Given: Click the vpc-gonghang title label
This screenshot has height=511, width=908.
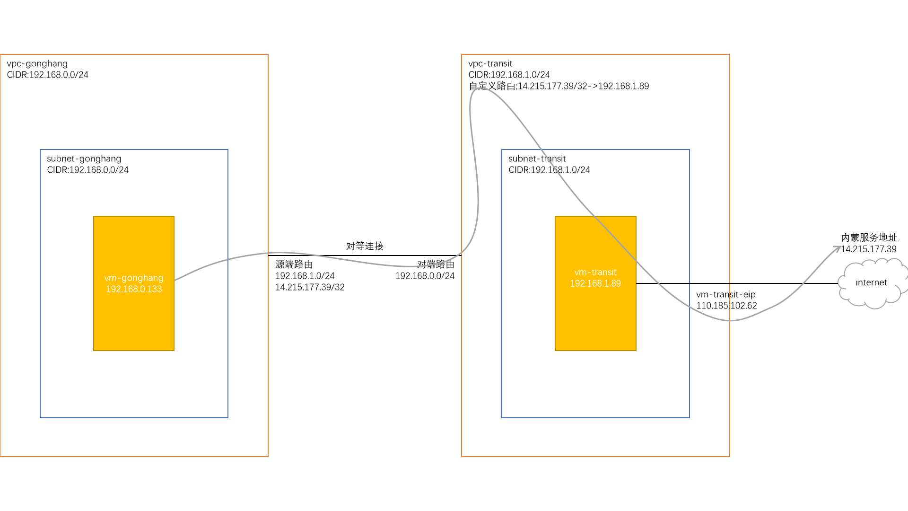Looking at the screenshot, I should [37, 63].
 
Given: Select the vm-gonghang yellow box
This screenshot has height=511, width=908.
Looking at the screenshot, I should [134, 322].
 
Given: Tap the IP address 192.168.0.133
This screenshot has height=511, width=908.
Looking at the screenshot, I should [134, 289].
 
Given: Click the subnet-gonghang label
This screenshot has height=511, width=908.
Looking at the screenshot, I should [84, 159].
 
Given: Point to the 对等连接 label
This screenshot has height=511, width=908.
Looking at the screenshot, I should [365, 246].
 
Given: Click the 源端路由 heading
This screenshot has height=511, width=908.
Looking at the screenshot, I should [294, 264].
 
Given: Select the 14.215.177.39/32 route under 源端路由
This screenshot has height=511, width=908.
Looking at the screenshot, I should [310, 287].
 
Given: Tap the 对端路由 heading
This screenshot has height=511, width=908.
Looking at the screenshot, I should [436, 264].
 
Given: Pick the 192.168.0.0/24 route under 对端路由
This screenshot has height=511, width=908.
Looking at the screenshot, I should [425, 276].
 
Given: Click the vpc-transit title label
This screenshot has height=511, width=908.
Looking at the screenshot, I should [490, 63].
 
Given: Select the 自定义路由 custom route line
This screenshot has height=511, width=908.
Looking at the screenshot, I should [559, 86].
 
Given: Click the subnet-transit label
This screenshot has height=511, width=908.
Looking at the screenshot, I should [537, 159].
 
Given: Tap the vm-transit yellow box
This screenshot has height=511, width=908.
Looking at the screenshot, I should [595, 322].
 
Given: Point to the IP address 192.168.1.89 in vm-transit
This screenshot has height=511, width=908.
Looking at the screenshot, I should [595, 283].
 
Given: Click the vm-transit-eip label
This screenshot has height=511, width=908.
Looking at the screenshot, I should [725, 294].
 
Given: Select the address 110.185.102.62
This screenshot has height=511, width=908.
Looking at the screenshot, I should [726, 306].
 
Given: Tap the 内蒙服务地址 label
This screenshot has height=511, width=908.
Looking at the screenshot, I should [869, 238].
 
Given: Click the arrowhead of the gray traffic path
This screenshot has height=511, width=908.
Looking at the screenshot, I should [838, 248].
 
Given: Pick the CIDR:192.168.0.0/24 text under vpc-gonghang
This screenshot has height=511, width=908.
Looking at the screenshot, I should [47, 75].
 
